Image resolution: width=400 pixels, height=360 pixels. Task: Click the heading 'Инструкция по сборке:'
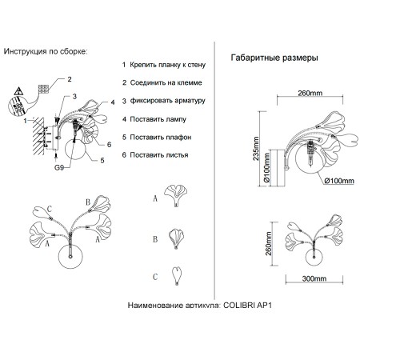tap(46, 51)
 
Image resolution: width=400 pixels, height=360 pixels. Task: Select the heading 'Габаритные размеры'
tap(274, 58)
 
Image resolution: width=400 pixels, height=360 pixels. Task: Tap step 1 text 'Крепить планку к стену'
tap(168, 65)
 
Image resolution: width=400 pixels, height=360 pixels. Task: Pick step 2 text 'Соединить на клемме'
tap(166, 82)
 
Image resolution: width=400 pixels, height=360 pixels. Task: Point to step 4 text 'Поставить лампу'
tap(158, 119)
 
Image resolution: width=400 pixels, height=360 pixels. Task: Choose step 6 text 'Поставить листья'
tap(159, 155)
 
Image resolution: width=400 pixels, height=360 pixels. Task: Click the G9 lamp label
tap(59, 167)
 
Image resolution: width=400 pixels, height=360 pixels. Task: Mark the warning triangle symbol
tap(18, 91)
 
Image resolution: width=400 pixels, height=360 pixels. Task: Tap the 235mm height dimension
tap(256, 149)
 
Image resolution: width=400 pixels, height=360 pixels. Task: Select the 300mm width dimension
tap(314, 278)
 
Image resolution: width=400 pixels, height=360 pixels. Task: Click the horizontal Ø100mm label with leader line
tap(339, 181)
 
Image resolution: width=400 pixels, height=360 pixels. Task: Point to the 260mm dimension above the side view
tap(310, 93)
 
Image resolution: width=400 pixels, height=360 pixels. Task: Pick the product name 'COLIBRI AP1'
tap(247, 305)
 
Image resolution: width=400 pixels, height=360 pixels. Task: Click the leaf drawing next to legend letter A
tap(175, 196)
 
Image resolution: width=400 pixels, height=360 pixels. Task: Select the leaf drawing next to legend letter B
tap(176, 238)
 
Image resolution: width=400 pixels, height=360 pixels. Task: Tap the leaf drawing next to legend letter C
tap(177, 276)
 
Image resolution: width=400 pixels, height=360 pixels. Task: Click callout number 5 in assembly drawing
tap(102, 161)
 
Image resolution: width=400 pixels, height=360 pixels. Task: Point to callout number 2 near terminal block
tap(70, 79)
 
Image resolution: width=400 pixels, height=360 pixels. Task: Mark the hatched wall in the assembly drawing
tap(38, 136)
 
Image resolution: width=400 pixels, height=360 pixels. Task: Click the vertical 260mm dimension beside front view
tap(269, 243)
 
